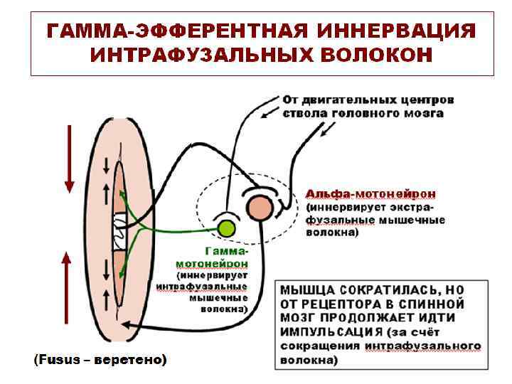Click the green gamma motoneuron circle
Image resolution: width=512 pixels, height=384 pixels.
coord(226,228)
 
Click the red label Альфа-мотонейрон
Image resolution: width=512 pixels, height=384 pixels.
coord(371,193)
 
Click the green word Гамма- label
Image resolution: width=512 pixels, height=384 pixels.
coord(227,251)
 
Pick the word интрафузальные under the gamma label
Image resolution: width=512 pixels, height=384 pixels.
coord(202,287)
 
